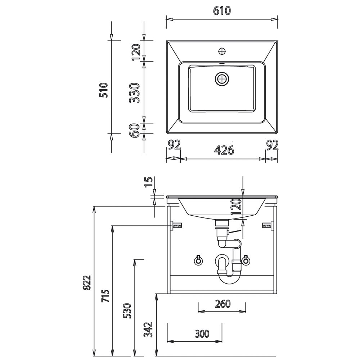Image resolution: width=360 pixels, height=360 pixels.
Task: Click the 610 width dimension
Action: (222, 11)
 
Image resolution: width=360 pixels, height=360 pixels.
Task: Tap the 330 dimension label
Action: (135, 93)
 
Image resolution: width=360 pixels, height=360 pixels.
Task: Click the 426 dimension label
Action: (224, 150)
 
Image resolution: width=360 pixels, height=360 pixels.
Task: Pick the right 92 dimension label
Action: (272, 145)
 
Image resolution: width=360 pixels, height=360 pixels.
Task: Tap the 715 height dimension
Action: (105, 296)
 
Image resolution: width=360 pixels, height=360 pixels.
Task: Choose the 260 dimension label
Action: (223, 304)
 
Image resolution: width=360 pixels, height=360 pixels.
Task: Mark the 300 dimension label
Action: (202, 334)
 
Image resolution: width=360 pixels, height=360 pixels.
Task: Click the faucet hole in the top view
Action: (222, 51)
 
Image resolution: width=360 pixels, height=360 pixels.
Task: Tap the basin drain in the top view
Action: (222, 79)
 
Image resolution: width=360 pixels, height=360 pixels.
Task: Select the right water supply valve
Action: (246, 260)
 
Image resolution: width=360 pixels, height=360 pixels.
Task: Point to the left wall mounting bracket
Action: (176, 225)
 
